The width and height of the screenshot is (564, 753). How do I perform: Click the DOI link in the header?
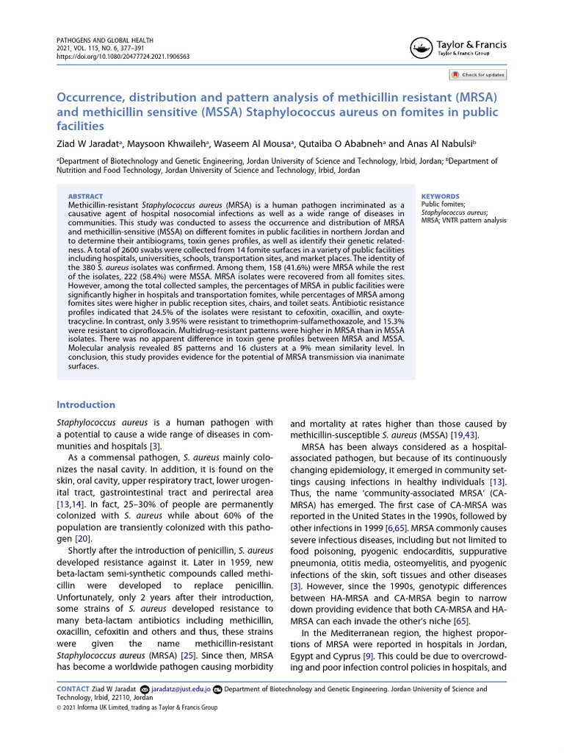123,56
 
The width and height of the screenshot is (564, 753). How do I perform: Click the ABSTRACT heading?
85,196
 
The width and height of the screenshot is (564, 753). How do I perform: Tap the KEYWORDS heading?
440,196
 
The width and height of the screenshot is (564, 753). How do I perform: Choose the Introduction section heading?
86,404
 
